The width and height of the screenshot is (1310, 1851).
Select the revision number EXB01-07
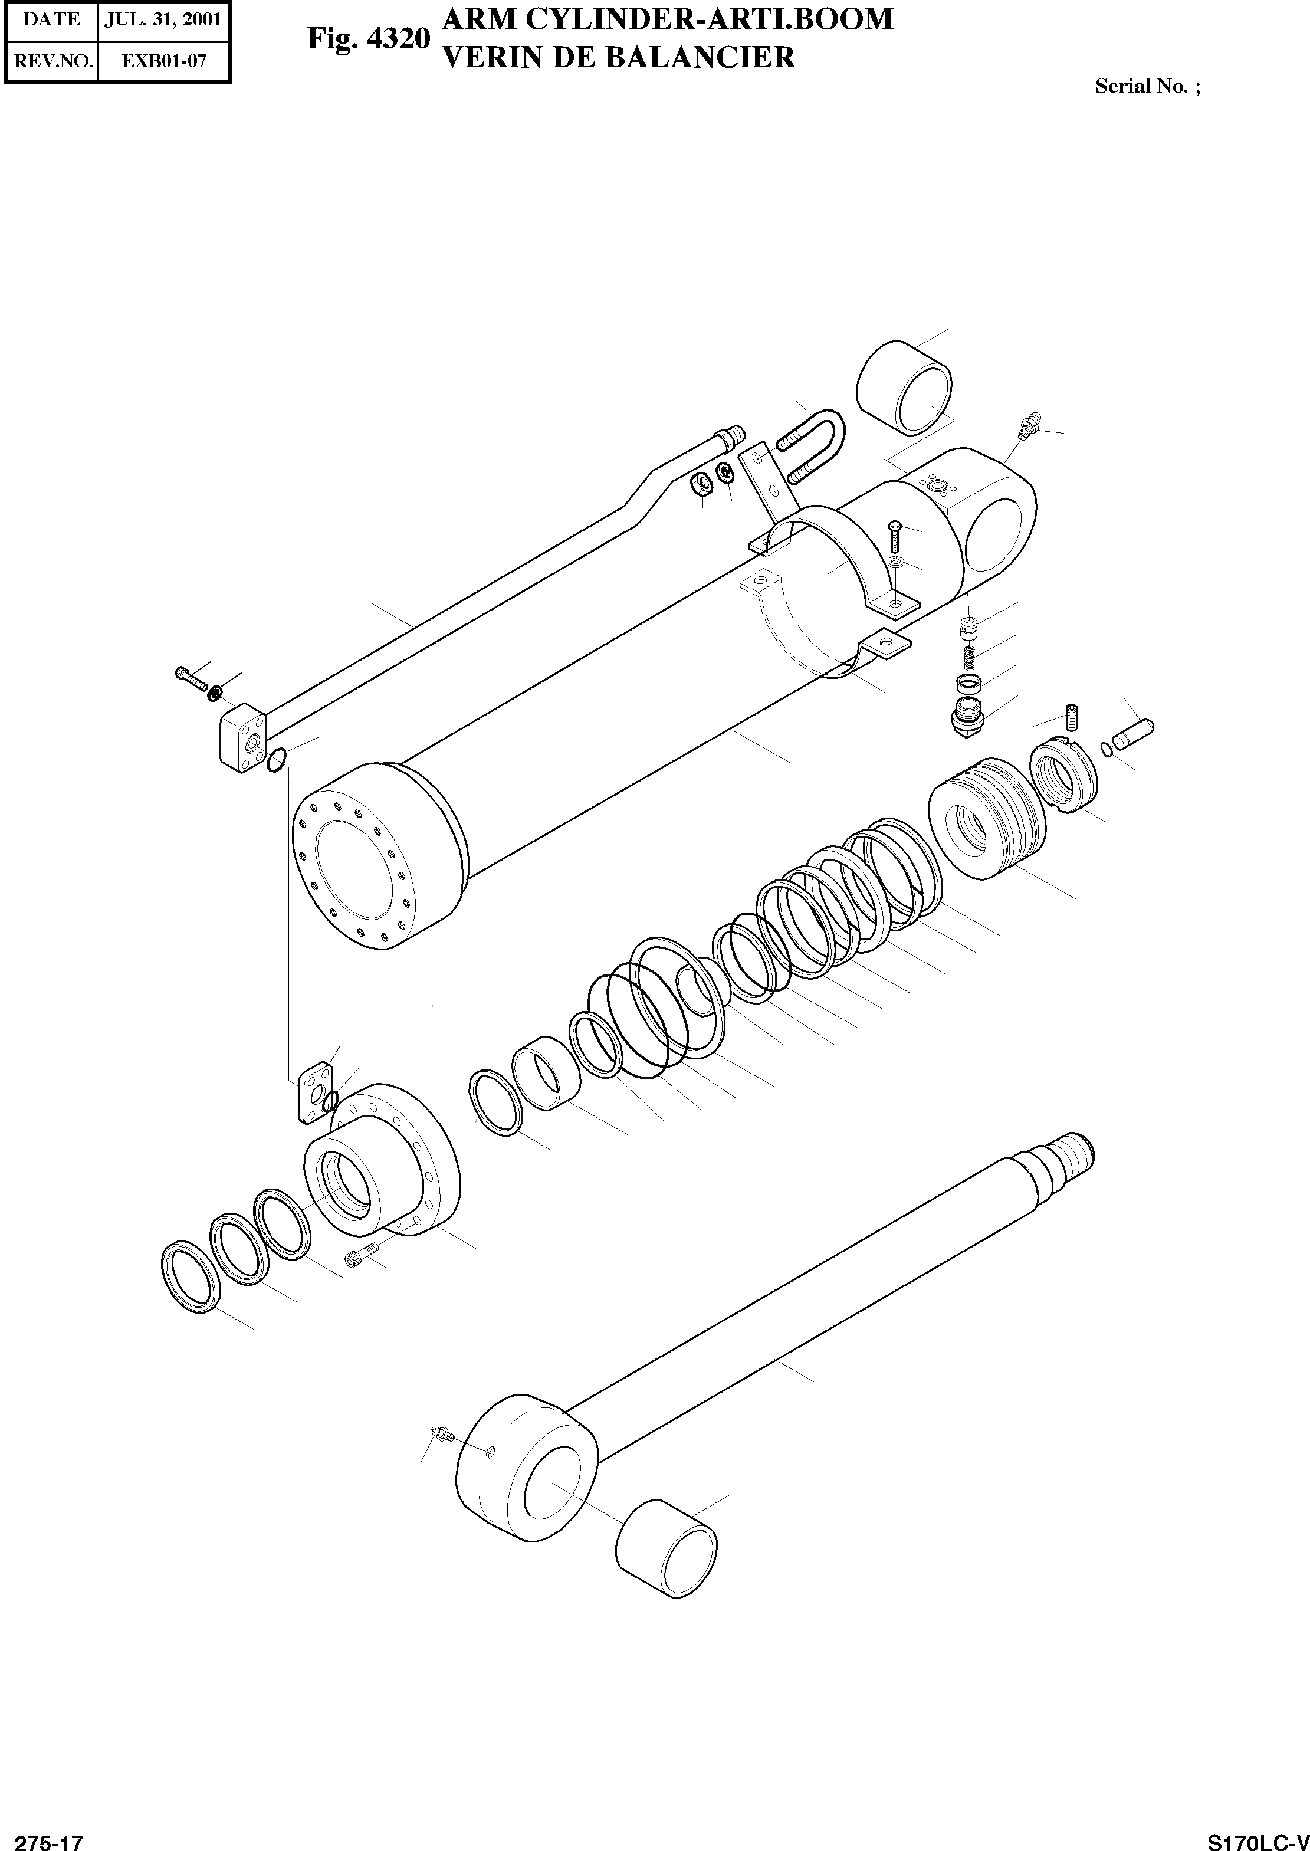point(164,61)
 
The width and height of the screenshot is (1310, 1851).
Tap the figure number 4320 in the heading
point(398,39)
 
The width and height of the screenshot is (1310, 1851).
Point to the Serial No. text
point(1146,86)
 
